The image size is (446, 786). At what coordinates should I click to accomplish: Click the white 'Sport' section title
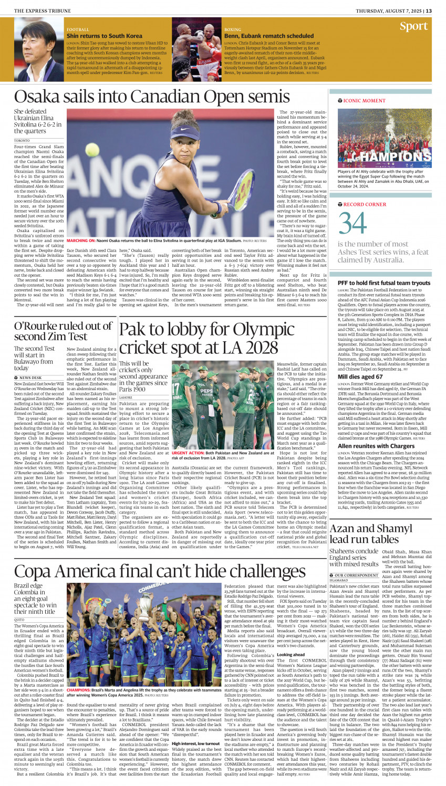413,26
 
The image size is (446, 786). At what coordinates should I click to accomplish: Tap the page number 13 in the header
429,11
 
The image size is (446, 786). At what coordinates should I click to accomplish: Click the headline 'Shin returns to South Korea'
105,36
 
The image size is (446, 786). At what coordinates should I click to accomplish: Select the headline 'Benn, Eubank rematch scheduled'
269,36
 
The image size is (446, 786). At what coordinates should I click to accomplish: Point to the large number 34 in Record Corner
352,223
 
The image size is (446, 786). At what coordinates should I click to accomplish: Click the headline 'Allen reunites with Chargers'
376,446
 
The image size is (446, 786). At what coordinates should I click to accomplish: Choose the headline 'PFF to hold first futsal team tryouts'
384,283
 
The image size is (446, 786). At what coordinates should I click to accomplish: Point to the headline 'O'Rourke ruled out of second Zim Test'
63,331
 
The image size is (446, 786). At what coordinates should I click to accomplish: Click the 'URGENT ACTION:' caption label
188,452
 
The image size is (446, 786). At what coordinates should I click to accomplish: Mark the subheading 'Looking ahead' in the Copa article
291,655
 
